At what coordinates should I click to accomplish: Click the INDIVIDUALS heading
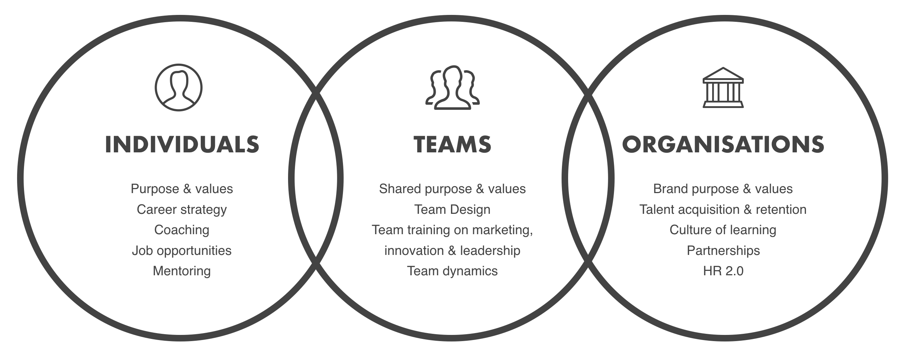point(182,144)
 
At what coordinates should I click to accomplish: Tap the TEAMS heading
point(452,144)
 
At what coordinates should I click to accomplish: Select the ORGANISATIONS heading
point(723,144)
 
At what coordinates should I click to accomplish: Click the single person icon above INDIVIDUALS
point(179,88)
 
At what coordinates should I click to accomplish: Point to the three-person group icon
point(452,88)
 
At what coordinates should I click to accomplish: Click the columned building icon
point(723,88)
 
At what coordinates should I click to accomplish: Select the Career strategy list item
point(182,209)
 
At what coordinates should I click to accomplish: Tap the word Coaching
point(182,230)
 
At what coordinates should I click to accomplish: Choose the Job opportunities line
point(182,251)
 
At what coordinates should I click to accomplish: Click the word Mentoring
point(182,271)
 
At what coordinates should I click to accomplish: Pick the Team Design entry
point(452,209)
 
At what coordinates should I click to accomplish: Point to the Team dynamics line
point(452,271)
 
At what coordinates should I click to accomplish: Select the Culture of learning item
point(723,230)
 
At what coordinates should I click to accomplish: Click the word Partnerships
point(723,251)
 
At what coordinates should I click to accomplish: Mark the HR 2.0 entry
point(723,271)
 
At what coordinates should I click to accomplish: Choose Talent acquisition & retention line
point(723,209)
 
